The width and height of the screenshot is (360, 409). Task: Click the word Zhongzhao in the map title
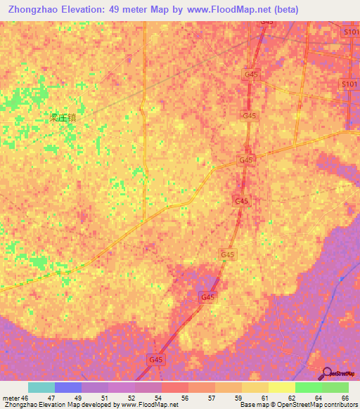(x=35, y=10)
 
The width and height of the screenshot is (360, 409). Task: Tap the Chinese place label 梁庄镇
(x=62, y=118)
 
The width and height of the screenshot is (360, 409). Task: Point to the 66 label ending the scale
(x=345, y=398)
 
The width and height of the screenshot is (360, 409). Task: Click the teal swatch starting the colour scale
(x=41, y=387)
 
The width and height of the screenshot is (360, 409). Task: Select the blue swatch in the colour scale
(x=68, y=387)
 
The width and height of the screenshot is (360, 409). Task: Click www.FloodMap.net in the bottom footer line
(x=150, y=405)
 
